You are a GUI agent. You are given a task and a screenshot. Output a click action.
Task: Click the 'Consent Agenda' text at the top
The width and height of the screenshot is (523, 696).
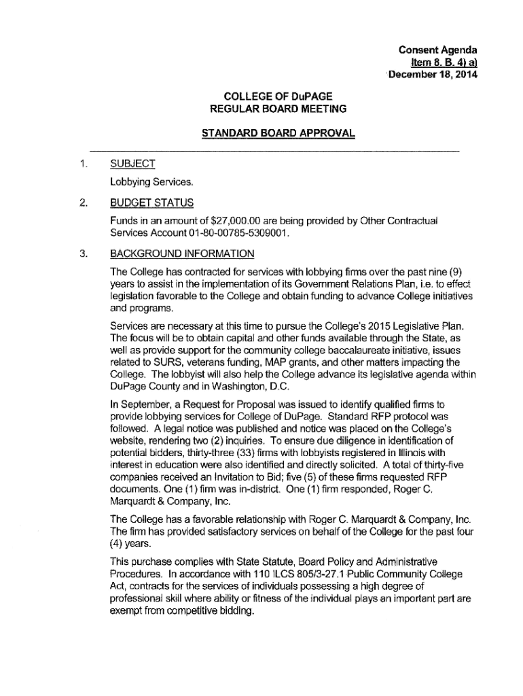(438, 50)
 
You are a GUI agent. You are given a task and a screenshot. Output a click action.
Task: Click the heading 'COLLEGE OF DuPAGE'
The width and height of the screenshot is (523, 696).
(280, 96)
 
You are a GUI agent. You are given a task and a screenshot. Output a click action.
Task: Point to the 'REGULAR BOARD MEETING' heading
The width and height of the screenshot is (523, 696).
(279, 108)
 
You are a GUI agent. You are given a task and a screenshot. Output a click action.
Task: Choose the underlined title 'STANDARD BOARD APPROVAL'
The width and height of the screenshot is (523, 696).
(278, 133)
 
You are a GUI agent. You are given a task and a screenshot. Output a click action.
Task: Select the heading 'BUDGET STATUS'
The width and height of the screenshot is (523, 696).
(151, 203)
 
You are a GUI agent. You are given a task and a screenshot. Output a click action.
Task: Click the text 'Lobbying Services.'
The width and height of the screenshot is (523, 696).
(152, 182)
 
